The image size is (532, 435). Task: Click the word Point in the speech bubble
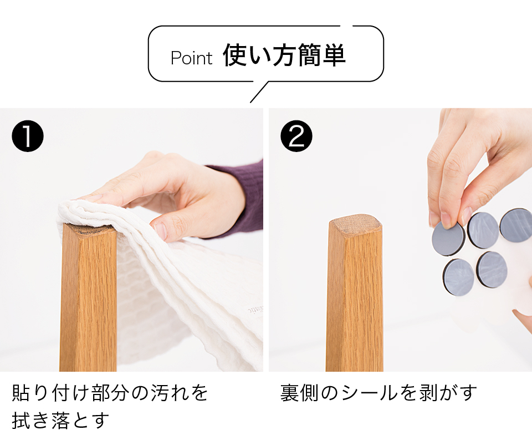pyautogui.click(x=191, y=58)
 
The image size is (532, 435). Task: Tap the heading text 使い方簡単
pyautogui.click(x=284, y=55)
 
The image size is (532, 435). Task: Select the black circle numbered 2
pyautogui.click(x=296, y=136)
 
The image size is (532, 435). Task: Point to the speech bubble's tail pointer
pyautogui.click(x=259, y=92)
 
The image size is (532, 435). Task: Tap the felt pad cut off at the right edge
pyautogui.click(x=516, y=225)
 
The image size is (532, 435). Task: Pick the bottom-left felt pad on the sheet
pyautogui.click(x=459, y=277)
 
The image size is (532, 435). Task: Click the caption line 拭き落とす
pyautogui.click(x=60, y=421)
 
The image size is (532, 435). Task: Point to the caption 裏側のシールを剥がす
pyautogui.click(x=379, y=392)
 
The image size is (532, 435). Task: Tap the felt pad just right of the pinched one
pyautogui.click(x=483, y=230)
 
